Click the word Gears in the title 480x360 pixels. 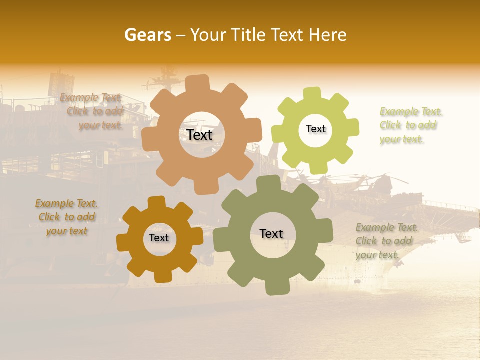[x=147, y=35]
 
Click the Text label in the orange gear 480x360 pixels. [x=199, y=135]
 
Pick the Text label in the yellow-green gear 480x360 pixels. [x=315, y=129]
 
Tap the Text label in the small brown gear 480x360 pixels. [x=159, y=238]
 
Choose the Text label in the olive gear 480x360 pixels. [x=271, y=233]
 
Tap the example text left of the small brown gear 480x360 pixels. [x=66, y=217]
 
